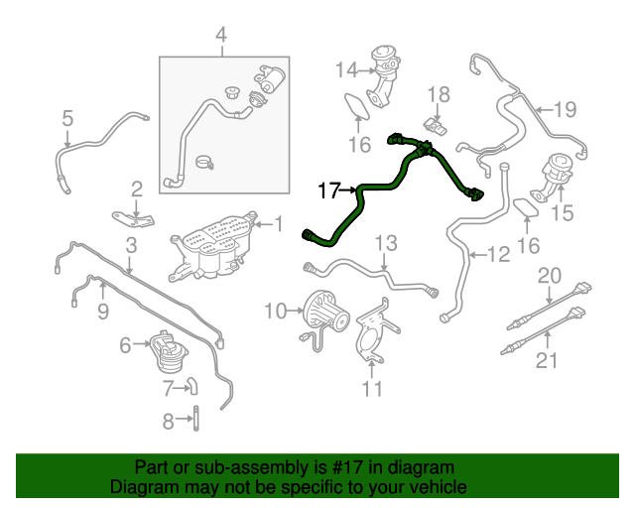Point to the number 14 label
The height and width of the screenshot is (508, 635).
pos(344,69)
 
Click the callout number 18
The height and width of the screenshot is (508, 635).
pos(439,95)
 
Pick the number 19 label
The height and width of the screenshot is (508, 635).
pos(565,109)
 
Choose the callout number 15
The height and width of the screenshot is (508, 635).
pos(562,212)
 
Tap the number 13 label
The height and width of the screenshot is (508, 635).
pos(385,243)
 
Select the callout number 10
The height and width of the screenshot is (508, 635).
pos(275,313)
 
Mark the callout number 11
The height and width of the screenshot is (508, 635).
pos(371,389)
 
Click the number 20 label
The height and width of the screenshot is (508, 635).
pos(549,276)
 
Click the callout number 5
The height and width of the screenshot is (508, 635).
pos(67,120)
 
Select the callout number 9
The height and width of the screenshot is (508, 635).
pos(102,313)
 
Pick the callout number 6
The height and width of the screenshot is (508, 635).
pos(125,345)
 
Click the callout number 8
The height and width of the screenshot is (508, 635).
pos(168,421)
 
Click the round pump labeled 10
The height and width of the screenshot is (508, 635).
pos(324,310)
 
